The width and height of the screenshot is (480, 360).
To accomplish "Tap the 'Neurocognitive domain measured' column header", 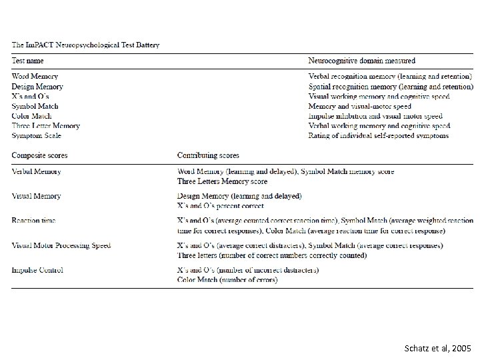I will (361, 61).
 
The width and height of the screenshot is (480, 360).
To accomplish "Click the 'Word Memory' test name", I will (35, 77).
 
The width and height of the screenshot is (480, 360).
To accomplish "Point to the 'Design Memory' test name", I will (37, 87).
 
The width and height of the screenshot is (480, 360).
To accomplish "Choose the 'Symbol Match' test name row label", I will (35, 106).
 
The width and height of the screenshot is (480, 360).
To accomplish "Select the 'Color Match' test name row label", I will (31, 116).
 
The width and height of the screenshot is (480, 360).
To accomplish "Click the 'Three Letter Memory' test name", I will (45, 126).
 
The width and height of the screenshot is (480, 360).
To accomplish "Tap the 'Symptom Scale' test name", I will (36, 136).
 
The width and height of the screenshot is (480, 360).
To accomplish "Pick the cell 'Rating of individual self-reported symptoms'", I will (378, 136).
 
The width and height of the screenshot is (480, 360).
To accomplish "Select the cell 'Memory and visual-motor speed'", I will (359, 106).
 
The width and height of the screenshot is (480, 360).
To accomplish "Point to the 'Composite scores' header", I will (39, 155).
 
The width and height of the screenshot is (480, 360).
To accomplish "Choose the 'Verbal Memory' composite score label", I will (36, 171).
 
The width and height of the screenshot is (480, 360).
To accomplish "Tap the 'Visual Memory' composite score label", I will (36, 196).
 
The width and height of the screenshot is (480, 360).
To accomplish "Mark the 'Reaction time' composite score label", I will (33, 221).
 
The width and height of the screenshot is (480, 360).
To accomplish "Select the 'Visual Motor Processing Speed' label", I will (61, 245).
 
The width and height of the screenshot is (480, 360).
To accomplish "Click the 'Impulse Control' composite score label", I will (37, 270).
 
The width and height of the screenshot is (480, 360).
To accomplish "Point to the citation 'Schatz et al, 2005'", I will (437, 348).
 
